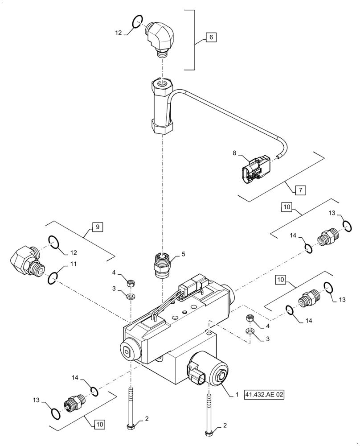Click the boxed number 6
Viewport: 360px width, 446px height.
(x=211, y=37)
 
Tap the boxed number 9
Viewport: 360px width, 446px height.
(x=97, y=227)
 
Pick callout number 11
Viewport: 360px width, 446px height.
(x=73, y=264)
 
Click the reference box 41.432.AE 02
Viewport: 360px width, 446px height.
(x=264, y=395)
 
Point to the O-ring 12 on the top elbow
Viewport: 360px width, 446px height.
(x=137, y=21)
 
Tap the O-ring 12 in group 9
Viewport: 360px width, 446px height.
(x=53, y=242)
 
